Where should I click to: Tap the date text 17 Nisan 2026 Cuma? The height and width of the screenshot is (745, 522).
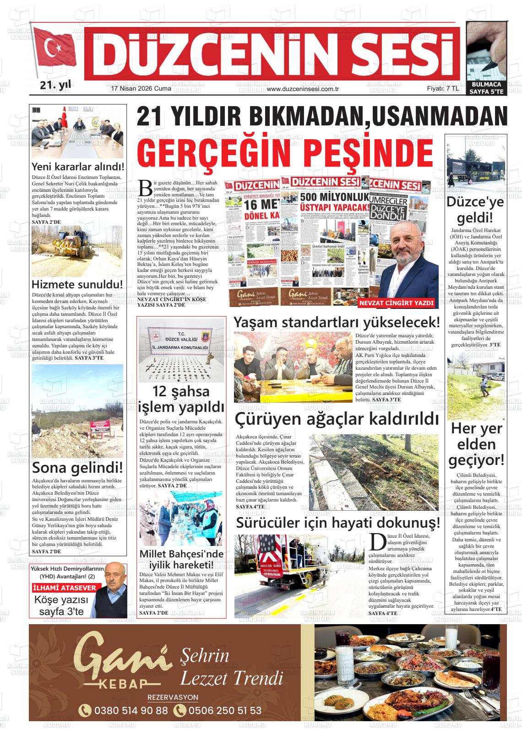pyautogui.click(x=141, y=89)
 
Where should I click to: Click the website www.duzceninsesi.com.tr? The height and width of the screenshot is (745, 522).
pyautogui.click(x=302, y=89)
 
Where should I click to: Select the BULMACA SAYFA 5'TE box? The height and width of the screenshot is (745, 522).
pyautogui.click(x=486, y=88)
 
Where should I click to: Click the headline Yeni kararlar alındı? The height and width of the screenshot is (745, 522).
pyautogui.click(x=78, y=167)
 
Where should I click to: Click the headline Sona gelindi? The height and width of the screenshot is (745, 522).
pyautogui.click(x=77, y=468)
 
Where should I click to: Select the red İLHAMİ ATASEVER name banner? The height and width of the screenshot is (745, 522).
pyautogui.click(x=65, y=588)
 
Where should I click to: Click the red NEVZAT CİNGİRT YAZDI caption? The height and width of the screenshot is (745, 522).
pyautogui.click(x=396, y=303)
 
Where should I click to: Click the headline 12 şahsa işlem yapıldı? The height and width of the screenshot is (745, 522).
pyautogui.click(x=181, y=399)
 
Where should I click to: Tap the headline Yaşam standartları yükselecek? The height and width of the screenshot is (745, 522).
pyautogui.click(x=337, y=322)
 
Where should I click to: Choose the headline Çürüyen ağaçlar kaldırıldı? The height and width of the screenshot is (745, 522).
pyautogui.click(x=337, y=418)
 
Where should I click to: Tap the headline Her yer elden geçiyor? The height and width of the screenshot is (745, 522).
pyautogui.click(x=476, y=444)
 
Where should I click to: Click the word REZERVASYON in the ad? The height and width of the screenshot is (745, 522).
pyautogui.click(x=173, y=697)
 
